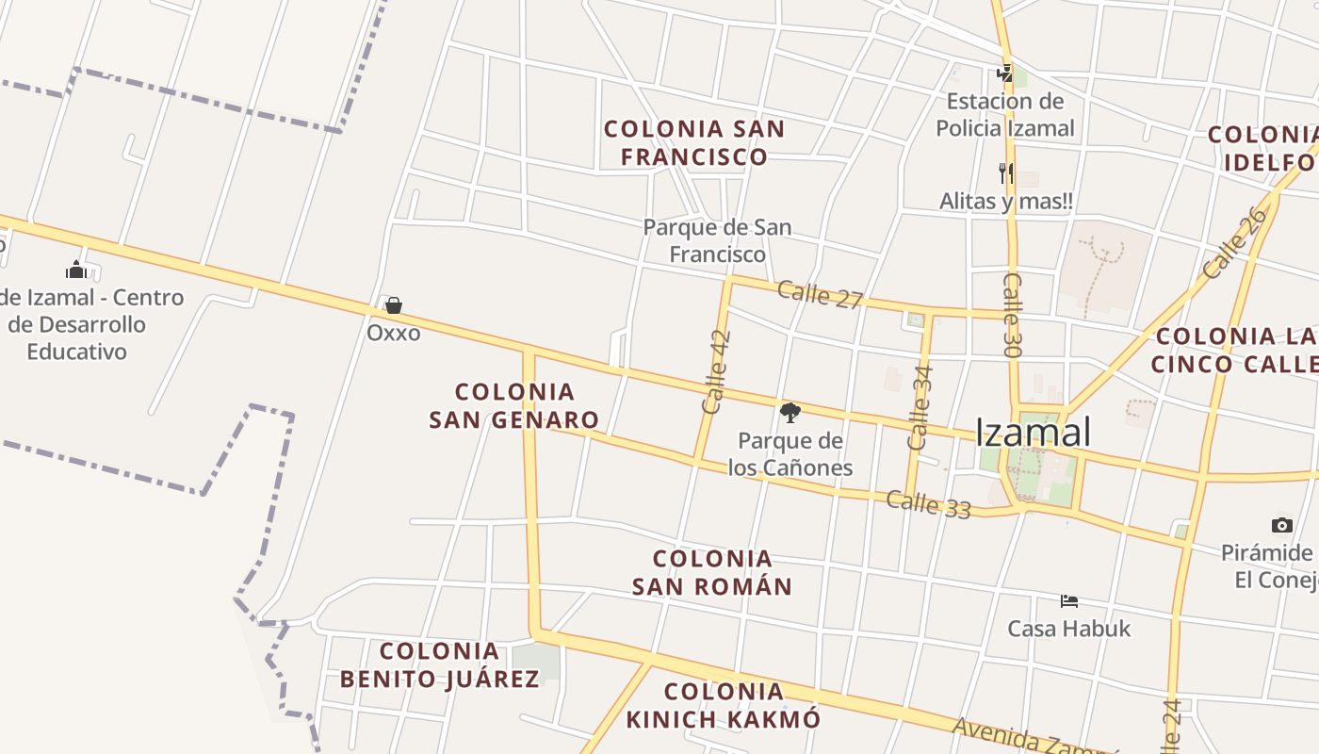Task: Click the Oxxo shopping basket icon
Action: point(394,305)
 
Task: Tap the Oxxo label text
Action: point(394,333)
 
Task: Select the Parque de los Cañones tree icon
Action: point(790,412)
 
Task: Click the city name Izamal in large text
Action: point(1033,433)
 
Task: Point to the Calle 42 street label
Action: point(716,371)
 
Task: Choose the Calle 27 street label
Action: point(820,295)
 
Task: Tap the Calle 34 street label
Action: point(920,406)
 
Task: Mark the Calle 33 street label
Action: point(928,504)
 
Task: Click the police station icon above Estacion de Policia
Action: point(1005,73)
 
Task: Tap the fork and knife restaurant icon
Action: point(1005,172)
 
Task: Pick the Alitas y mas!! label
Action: point(1005,201)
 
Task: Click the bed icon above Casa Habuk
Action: point(1068,600)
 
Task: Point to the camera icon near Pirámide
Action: point(1281,525)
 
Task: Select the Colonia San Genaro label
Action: point(514,405)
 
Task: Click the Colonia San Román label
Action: point(712,572)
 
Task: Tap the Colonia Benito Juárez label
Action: point(440,664)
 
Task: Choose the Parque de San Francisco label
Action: point(717,240)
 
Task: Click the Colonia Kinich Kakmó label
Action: point(724,705)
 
